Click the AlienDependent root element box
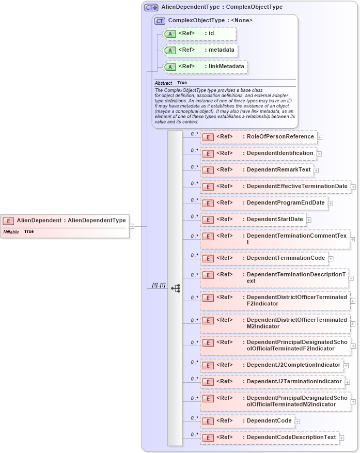coord(65,221)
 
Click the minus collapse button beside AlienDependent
coord(132,226)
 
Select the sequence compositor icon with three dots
coord(175,288)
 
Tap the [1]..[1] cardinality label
coord(159,285)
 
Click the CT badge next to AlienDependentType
coord(151,7)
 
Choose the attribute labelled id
coord(199,34)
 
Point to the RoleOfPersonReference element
coord(258,137)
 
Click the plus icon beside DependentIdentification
coord(319,154)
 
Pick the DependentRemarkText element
coord(256,170)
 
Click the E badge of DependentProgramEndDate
coord(207,203)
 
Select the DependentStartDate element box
coord(253,220)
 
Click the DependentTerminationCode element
coord(263,258)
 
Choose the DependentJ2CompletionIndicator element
coord(272,365)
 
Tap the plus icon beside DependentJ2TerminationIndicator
coord(347,382)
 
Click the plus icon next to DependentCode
coord(298,421)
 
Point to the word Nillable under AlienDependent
coord(11,231)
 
